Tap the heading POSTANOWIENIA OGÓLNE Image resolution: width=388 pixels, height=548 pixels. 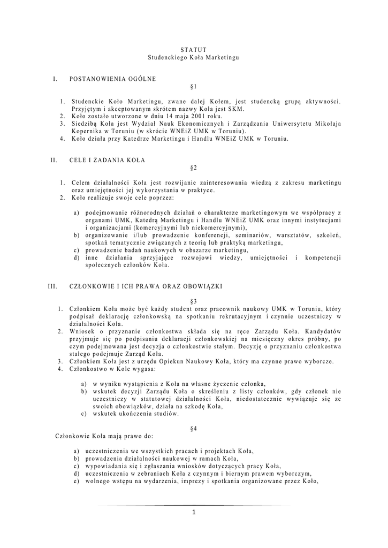113,79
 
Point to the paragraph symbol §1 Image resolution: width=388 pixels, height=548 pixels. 193,86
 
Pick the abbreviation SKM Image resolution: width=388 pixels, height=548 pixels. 235,108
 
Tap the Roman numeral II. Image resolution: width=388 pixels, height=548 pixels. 54,160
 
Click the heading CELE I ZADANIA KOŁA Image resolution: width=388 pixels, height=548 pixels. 107,160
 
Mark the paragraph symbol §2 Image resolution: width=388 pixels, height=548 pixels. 193,168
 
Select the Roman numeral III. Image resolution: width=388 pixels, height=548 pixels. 52,286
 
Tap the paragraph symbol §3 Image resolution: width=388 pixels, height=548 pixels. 193,301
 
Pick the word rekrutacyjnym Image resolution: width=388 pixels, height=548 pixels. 235,316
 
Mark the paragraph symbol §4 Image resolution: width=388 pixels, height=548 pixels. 193,429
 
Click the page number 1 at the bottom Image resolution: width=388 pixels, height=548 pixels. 194,513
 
